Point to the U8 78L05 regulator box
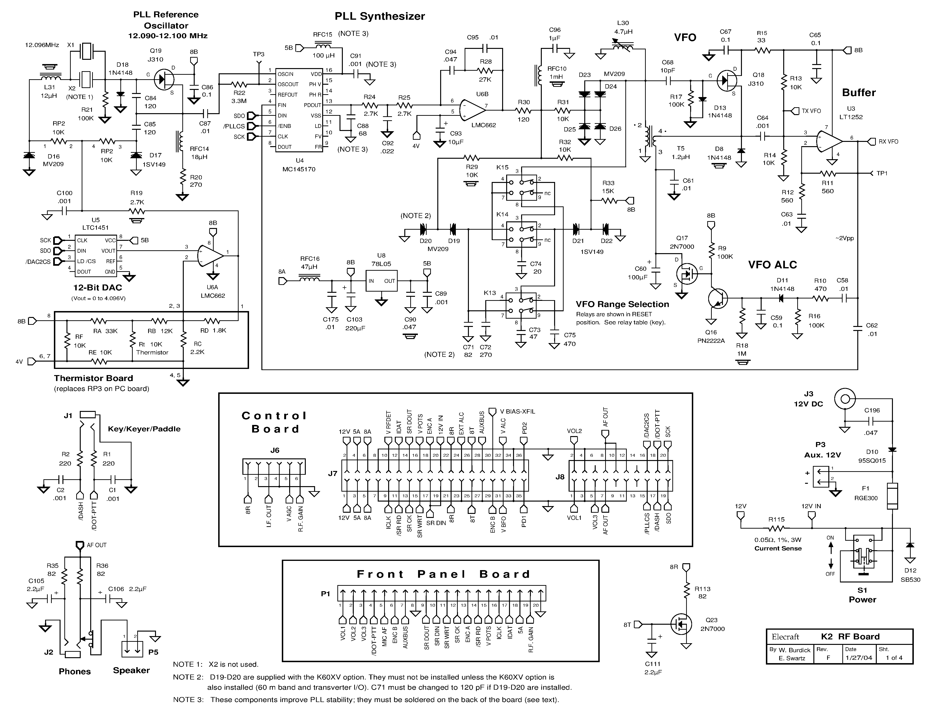381,281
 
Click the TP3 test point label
258,54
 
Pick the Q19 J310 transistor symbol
164,79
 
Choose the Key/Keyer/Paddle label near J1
144,429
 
